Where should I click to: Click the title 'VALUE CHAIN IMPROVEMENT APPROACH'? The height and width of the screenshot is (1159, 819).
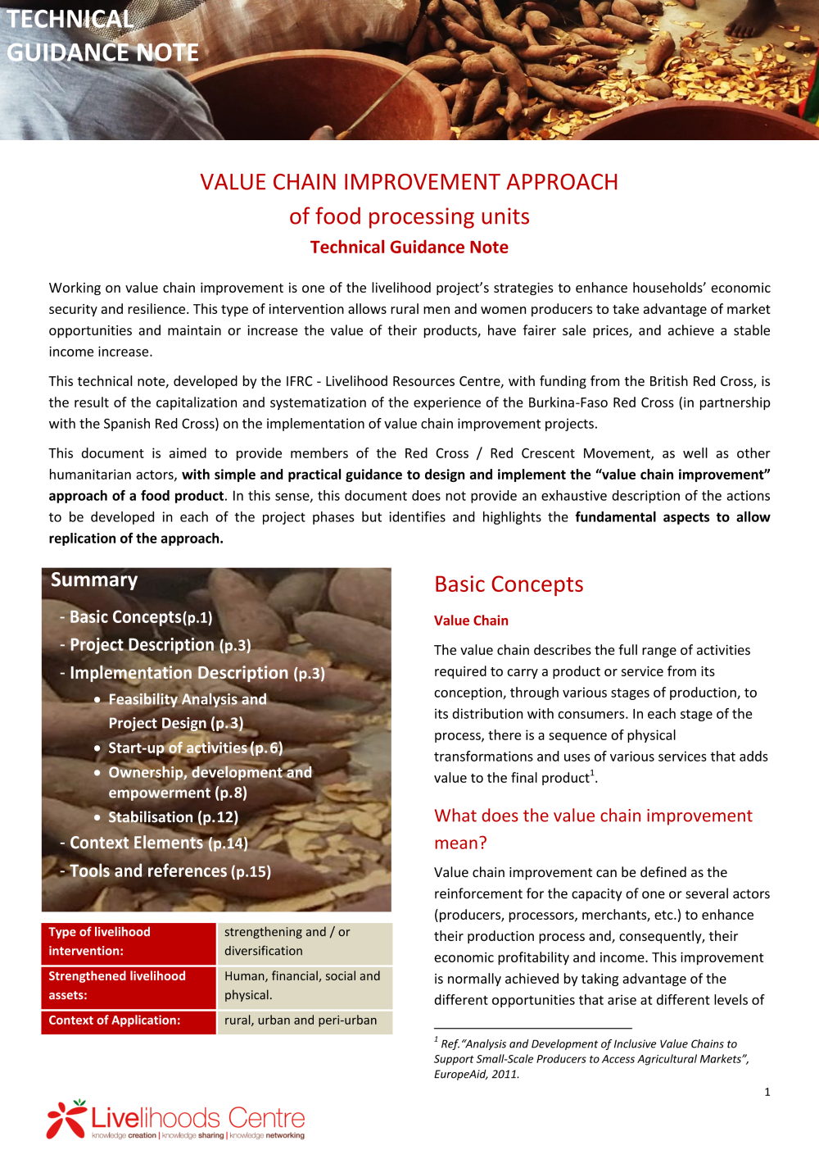coord(409,182)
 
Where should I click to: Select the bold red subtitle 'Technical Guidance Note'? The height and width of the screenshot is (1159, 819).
coord(409,248)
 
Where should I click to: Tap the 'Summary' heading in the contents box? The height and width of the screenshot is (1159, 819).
coord(94,580)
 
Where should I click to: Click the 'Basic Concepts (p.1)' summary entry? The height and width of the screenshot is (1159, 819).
coord(140,617)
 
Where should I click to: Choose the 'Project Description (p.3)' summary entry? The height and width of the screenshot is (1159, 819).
coord(160,645)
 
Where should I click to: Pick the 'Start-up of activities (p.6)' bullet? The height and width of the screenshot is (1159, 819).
coord(195,748)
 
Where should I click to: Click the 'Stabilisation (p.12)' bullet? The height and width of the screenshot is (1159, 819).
coord(173,817)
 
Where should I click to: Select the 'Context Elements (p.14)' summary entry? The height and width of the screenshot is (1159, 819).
coord(158,843)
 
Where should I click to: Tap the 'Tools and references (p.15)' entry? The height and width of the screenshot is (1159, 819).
coord(170,871)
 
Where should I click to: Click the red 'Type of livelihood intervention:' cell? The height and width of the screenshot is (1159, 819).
coord(129,942)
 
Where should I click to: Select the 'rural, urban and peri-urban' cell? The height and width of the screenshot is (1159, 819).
coord(301,1020)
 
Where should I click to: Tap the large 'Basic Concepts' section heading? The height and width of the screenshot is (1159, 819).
coord(509,584)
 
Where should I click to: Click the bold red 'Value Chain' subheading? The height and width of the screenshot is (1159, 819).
coord(471,621)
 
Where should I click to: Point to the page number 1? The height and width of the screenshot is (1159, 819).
coord(767,1092)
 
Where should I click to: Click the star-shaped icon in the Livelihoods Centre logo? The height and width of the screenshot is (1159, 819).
coord(66,1118)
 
